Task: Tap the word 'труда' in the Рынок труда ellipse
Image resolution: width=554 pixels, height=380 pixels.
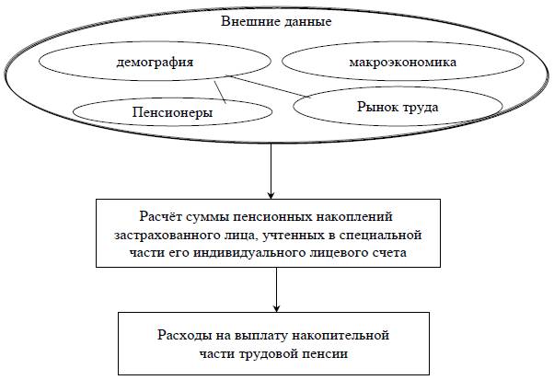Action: coord(419,108)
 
